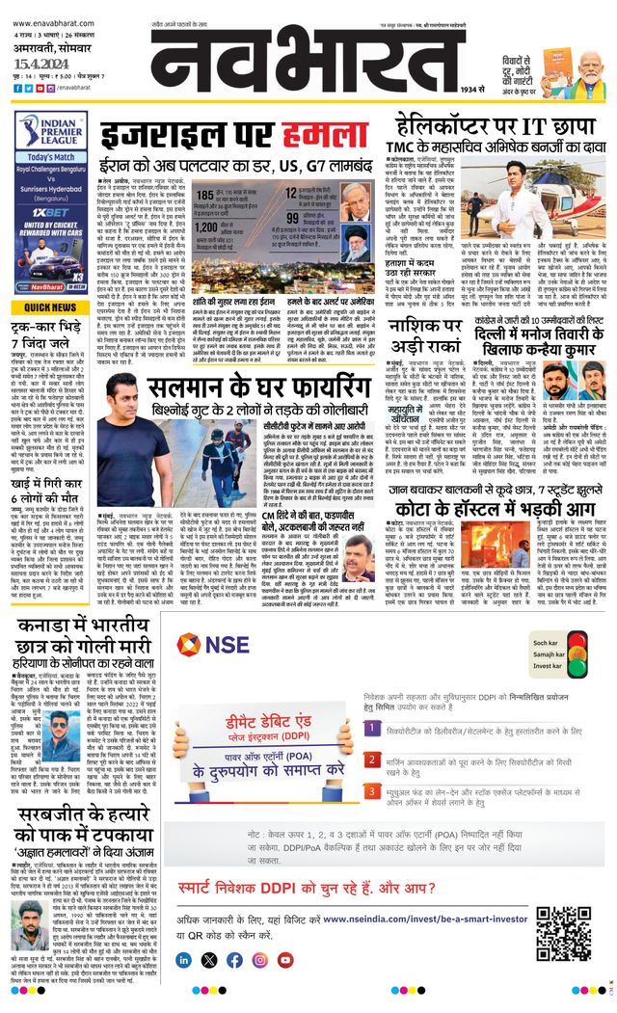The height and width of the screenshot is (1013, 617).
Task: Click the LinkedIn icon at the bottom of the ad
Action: pos(184,960)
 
